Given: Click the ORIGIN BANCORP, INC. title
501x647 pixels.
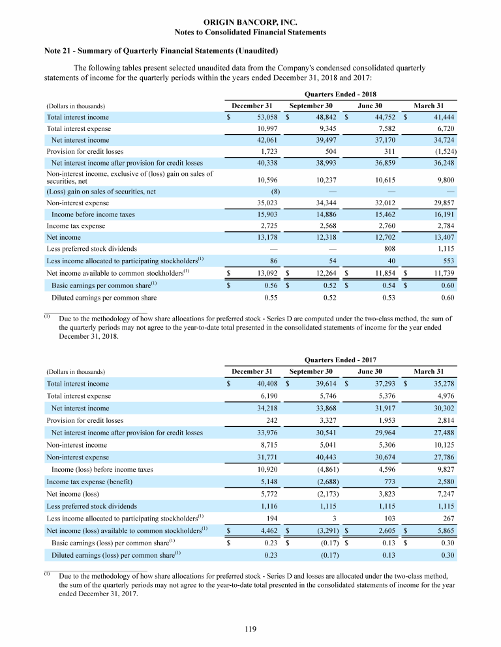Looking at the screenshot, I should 250,22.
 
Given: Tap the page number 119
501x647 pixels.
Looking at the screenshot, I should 250,629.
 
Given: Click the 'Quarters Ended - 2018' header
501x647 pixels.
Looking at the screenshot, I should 341,93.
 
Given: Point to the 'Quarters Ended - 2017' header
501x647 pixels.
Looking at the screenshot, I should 341,359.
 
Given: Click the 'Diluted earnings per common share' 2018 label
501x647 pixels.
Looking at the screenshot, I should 104,298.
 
